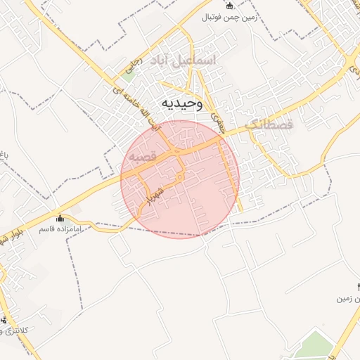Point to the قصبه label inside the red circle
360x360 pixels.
point(141,156)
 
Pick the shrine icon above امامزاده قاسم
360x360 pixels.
point(60,218)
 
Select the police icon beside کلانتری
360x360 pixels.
point(4,320)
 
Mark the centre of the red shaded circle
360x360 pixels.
point(180,179)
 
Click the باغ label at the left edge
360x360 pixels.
point(3,152)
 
